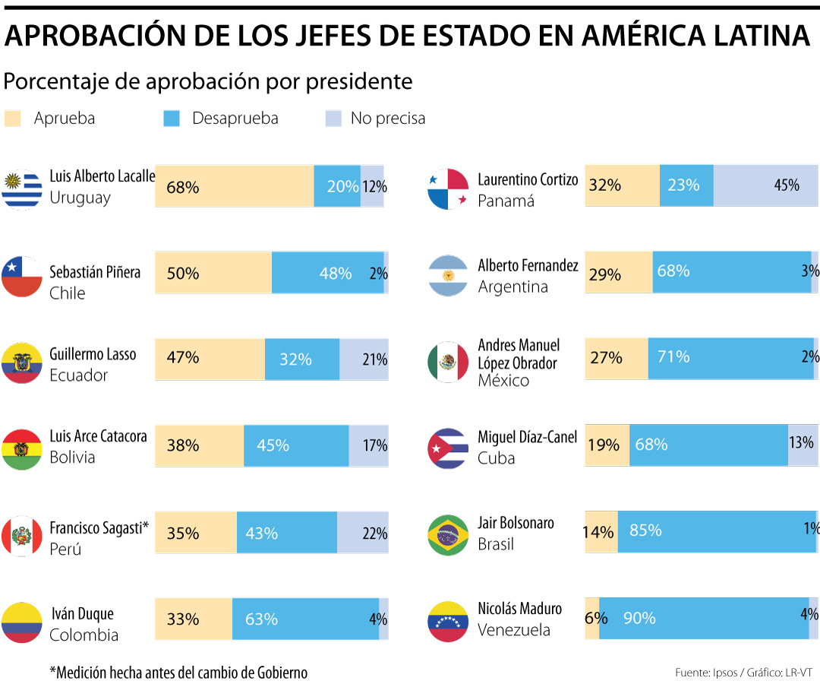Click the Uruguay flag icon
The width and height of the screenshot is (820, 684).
(22, 188)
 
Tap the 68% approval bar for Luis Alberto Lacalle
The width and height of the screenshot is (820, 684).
(234, 186)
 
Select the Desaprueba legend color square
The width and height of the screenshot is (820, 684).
(172, 119)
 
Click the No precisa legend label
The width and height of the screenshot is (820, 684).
(387, 119)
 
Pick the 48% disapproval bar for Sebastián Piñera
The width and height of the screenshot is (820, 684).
(327, 273)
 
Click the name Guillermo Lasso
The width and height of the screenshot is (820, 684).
(93, 354)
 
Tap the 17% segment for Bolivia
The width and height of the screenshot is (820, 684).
(368, 445)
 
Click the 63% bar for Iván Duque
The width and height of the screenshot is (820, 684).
(305, 619)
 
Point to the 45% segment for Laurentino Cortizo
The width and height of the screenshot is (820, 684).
(765, 185)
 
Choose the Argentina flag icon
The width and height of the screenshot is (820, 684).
(449, 275)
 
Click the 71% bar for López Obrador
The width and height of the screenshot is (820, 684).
(730, 357)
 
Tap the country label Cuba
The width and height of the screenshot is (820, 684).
(497, 458)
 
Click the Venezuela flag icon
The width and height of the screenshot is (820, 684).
(449, 621)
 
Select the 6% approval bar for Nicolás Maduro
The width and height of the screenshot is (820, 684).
(591, 618)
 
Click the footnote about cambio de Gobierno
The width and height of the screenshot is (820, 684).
(178, 673)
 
